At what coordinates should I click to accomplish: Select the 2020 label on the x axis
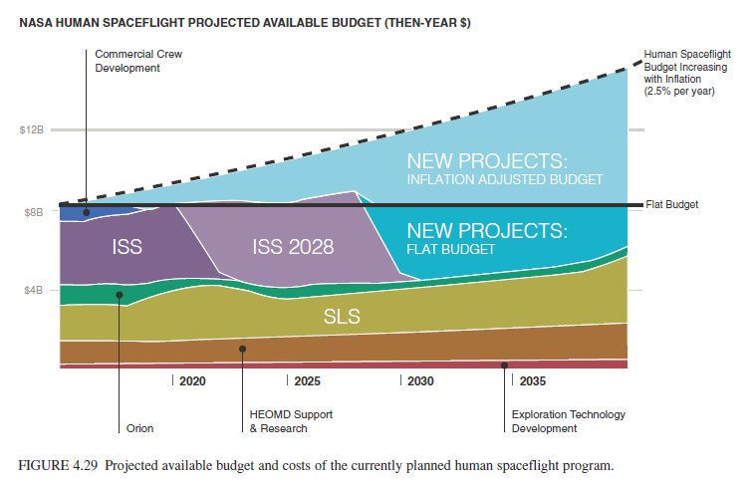pos(191,381)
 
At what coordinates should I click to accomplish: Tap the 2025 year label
pos(306,381)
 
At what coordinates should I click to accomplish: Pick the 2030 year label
pos(419,381)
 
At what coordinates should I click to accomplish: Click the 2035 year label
pos(532,381)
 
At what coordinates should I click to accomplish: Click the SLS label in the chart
pos(342,318)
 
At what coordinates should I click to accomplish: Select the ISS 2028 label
pos(294,246)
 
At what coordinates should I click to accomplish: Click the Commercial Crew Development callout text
pos(138,61)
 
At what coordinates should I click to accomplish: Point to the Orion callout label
pos(140,428)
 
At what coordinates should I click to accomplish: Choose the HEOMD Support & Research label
pos(278,421)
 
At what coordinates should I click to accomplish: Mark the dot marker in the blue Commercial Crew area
pos(87,212)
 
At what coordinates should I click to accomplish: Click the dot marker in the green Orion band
pos(119,294)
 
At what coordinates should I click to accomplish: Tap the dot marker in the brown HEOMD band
pos(243,349)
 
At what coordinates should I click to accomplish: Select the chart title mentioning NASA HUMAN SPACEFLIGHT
pos(245,22)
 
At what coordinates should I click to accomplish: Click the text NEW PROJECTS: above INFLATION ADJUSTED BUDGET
pos(487,160)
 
